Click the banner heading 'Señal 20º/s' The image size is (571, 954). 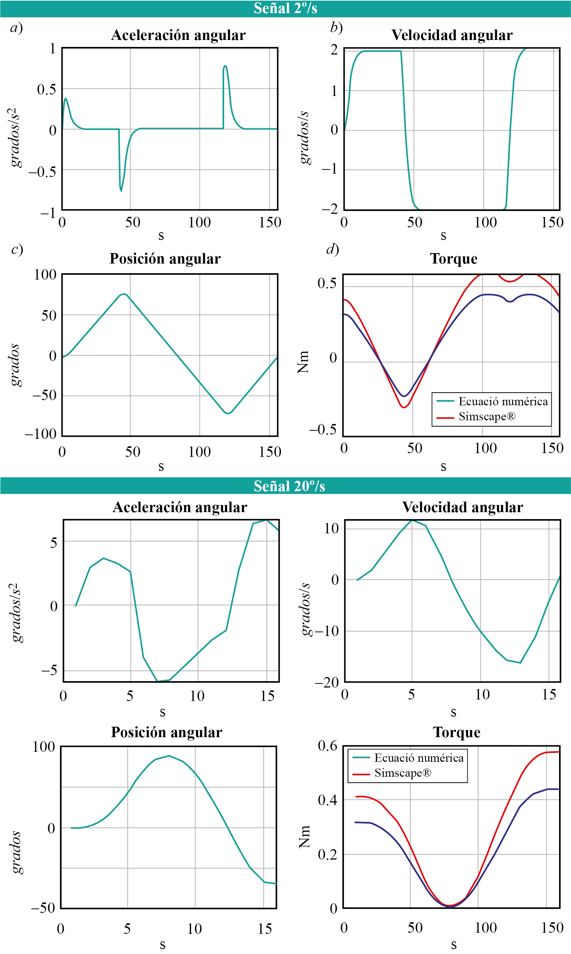click(x=289, y=486)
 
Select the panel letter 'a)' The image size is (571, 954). click(x=16, y=28)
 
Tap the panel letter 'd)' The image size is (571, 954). click(x=332, y=249)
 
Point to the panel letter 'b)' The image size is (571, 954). click(x=336, y=28)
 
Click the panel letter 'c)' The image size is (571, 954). click(x=17, y=249)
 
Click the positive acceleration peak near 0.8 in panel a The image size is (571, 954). click(x=225, y=66)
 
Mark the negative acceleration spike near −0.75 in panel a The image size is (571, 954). click(x=121, y=191)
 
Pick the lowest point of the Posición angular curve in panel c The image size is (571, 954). click(x=228, y=413)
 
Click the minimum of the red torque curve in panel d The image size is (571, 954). click(x=404, y=407)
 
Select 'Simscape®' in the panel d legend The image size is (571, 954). click(x=487, y=417)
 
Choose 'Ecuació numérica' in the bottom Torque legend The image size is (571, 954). click(x=418, y=758)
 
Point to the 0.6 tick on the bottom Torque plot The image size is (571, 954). click(x=327, y=746)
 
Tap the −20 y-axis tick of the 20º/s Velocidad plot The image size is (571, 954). click(x=327, y=683)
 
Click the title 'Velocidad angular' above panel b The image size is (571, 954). click(x=452, y=35)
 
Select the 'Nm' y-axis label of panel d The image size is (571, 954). click(x=303, y=362)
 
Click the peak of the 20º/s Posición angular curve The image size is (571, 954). click(x=169, y=756)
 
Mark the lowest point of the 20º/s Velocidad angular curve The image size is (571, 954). click(x=520, y=663)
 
